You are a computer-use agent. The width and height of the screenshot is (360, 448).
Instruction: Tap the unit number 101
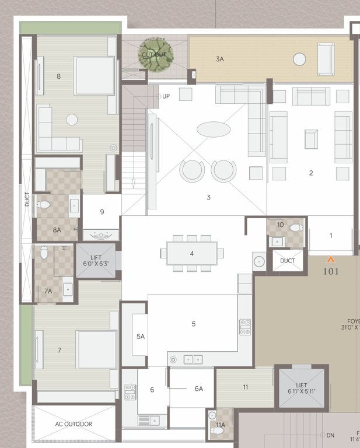(x=331, y=271)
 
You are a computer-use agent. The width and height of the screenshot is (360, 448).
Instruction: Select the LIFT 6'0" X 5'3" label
(x=96, y=260)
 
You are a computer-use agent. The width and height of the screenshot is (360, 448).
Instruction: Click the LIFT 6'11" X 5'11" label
(x=301, y=388)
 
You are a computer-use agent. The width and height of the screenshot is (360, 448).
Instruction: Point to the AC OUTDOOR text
(x=74, y=424)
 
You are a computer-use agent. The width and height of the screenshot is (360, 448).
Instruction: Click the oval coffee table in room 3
(x=214, y=129)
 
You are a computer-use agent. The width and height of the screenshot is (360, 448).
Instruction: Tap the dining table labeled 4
(x=192, y=253)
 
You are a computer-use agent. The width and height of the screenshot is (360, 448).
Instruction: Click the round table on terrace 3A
(x=299, y=59)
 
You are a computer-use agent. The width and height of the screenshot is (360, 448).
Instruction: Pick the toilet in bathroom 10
(x=295, y=228)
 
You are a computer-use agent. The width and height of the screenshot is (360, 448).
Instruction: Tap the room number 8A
(x=57, y=230)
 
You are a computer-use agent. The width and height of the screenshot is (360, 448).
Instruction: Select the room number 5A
(x=140, y=337)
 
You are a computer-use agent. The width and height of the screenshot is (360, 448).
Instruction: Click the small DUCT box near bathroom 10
(x=288, y=261)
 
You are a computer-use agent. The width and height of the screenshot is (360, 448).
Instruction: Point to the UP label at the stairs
(x=166, y=96)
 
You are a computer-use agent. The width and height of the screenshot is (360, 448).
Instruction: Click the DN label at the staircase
(x=330, y=435)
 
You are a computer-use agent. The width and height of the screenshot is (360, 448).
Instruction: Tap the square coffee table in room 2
(x=311, y=139)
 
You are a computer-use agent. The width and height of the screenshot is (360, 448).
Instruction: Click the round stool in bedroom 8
(x=72, y=120)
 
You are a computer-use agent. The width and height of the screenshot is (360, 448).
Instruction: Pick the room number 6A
(x=199, y=388)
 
